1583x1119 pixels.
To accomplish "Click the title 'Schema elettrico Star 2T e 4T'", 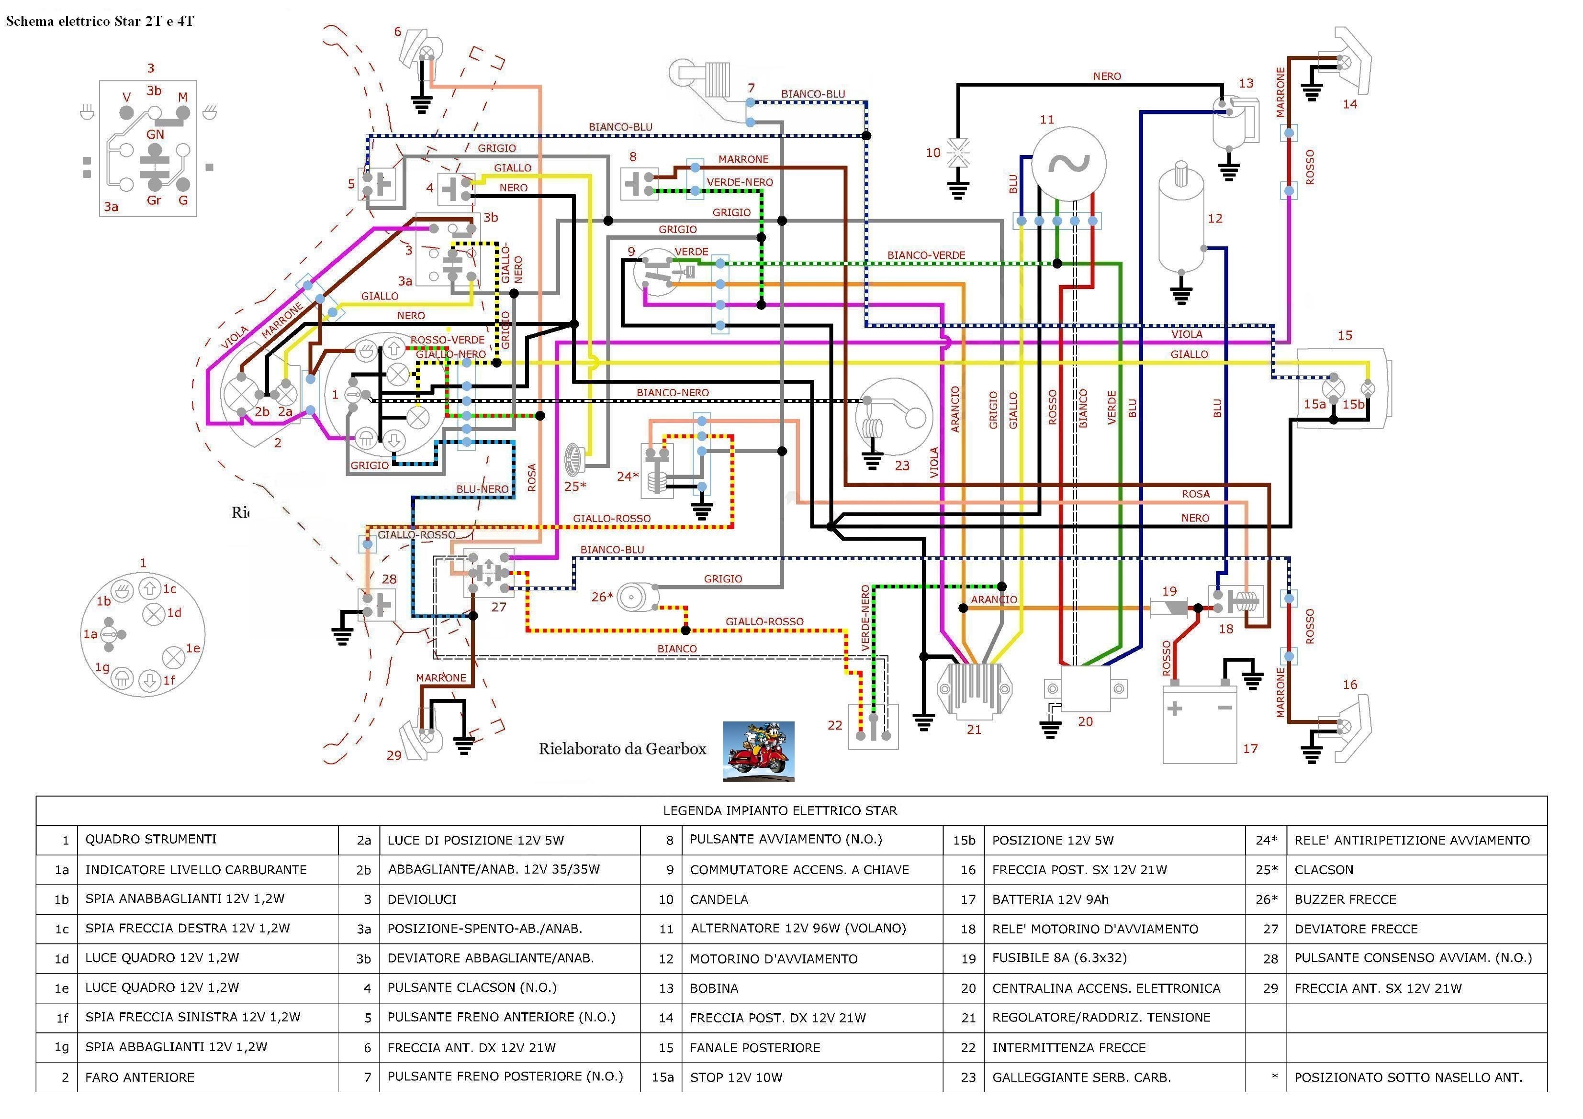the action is (100, 22).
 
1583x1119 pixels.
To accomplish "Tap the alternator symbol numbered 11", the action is (1069, 164).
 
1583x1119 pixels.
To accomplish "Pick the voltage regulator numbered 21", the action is (974, 689).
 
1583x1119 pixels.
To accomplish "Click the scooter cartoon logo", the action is (758, 751).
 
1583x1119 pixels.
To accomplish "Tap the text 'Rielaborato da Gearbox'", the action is (623, 749).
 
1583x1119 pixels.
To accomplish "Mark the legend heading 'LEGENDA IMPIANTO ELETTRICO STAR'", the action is (780, 810).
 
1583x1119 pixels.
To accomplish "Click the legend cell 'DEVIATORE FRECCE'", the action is (1356, 929).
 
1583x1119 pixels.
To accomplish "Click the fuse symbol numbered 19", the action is (1168, 608).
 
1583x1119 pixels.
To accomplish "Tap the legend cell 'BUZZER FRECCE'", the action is (1345, 899).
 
